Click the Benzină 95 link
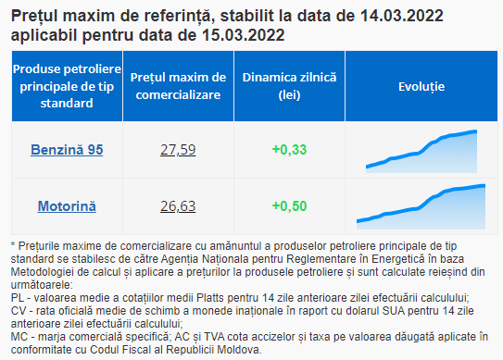[67, 150]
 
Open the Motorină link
[67, 206]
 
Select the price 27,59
[178, 150]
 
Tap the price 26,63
[178, 206]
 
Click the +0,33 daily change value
[289, 150]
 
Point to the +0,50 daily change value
[289, 206]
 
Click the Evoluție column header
[421, 87]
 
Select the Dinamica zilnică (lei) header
[289, 86]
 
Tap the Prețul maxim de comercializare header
[178, 86]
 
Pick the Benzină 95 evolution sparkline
[421, 151]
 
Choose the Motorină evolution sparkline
[421, 206]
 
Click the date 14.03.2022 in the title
[402, 16]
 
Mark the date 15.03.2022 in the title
[243, 35]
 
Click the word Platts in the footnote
[210, 298]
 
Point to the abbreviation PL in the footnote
[18, 298]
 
